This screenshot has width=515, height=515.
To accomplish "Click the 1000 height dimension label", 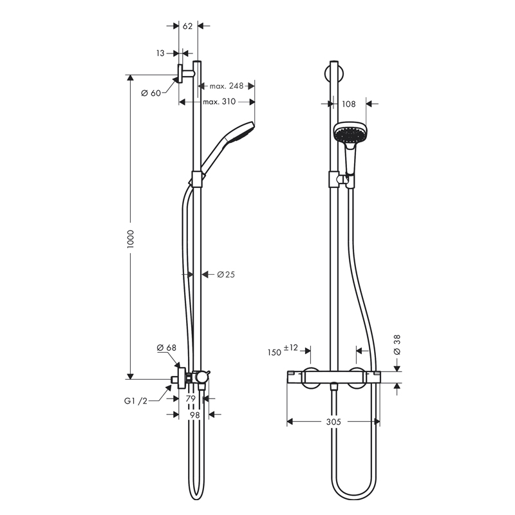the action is point(131,239).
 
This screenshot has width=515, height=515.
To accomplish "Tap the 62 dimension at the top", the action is point(187,26).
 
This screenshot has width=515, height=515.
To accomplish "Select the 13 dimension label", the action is point(160,53).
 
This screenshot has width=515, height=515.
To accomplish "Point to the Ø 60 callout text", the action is point(151,93).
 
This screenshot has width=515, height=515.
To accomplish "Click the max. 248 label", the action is point(227,86).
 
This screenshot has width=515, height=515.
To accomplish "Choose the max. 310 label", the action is point(220,102).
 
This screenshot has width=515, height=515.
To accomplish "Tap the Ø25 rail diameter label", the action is point(226,274).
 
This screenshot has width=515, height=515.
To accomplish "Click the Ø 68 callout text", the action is point(167,348).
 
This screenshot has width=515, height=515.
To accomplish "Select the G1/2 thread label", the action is point(136,400).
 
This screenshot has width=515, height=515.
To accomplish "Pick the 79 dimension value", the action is point(191,398).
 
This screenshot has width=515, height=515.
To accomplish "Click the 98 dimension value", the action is point(195,415).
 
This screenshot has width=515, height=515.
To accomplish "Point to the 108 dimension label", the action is point(349,104).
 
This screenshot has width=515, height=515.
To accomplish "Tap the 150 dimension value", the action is point(275,352).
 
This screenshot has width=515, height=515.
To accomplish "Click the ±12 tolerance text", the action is point(291,348).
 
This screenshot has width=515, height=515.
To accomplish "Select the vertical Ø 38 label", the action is point(397,345).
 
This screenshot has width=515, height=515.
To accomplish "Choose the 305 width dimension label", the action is point(333,422).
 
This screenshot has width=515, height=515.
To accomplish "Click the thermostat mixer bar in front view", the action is point(334,377).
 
